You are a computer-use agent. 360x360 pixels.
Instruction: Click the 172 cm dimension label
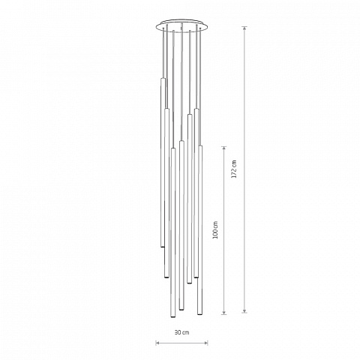234,169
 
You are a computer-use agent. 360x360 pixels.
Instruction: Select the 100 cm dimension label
215,230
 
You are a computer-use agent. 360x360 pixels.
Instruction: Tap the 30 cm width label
181,332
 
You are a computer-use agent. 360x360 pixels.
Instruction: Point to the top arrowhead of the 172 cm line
245,28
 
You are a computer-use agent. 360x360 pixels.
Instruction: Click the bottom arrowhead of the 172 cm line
245,310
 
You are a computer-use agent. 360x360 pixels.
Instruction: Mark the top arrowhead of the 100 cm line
224,148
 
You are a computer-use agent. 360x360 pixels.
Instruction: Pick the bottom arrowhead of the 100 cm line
224,312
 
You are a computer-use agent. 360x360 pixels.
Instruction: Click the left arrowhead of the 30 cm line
157,343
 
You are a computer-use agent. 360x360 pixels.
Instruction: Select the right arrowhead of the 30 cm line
206,343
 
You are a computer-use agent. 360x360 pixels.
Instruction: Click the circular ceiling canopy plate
181,25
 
